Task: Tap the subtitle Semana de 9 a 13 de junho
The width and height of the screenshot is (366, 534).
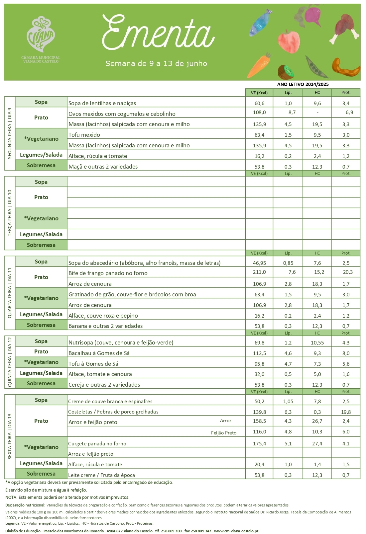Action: click(x=156, y=63)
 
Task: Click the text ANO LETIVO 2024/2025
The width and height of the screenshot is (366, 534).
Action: click(x=303, y=84)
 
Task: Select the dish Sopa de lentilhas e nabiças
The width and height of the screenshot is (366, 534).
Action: click(x=102, y=103)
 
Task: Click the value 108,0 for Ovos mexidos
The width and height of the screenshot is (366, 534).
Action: click(x=259, y=113)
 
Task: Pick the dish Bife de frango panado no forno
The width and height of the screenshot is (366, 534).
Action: click(x=108, y=273)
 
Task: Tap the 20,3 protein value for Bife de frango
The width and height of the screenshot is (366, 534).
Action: click(x=348, y=272)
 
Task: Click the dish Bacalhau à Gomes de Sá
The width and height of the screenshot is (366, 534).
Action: click(x=99, y=353)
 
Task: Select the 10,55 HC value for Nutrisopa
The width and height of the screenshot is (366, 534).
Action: click(x=317, y=343)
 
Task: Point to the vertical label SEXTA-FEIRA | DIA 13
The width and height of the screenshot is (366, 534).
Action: click(x=10, y=436)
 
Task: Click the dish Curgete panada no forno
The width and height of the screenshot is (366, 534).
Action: click(x=97, y=443)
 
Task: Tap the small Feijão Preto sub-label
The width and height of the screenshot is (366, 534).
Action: click(x=224, y=433)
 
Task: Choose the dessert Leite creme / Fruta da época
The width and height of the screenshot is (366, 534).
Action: click(x=101, y=475)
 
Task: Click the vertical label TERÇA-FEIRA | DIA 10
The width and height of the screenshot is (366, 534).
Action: click(x=10, y=213)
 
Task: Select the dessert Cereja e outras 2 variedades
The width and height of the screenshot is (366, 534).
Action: click(x=104, y=385)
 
